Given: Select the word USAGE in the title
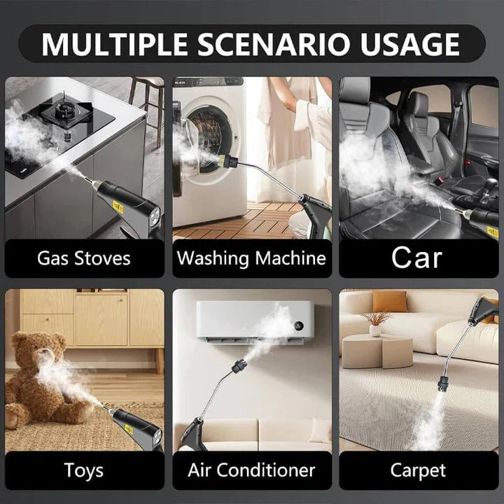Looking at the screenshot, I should (413, 43).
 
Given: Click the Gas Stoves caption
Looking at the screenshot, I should (84, 258).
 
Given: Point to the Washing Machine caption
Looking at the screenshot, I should (251, 258).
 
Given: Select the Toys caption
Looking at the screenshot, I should (84, 470).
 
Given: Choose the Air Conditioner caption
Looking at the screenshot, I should (251, 470).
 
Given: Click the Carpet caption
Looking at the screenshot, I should (418, 470).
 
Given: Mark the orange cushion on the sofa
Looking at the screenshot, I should (389, 302).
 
